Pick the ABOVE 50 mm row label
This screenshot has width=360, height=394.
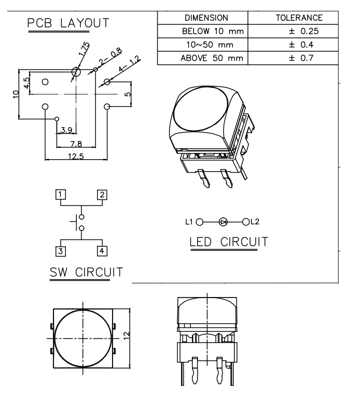point(203,57)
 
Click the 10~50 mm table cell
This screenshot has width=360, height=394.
point(203,44)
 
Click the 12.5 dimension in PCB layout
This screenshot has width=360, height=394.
point(76,158)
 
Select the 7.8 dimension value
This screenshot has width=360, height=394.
point(76,144)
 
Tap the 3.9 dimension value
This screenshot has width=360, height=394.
point(66,129)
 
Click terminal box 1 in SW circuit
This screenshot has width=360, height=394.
point(61,195)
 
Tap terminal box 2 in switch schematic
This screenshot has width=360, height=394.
point(102,195)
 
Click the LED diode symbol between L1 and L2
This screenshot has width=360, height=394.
point(224,222)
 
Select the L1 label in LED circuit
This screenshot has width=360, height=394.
point(189,222)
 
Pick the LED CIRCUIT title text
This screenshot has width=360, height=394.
point(229,242)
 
